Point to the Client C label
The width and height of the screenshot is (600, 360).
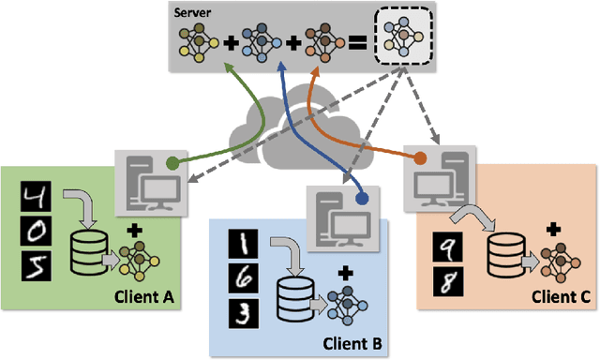tap(560, 297)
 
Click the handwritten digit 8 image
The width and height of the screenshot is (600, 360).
tap(443, 280)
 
